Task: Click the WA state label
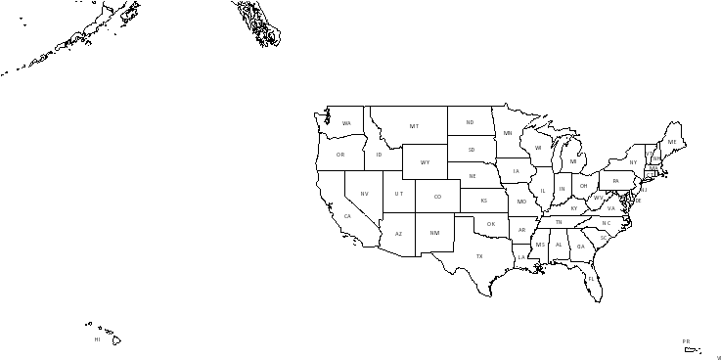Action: (x=346, y=123)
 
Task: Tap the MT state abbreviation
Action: (x=414, y=126)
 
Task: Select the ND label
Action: (x=470, y=122)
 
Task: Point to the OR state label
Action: (x=340, y=155)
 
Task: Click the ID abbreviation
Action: (x=379, y=155)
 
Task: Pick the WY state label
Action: (x=425, y=162)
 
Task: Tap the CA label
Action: (x=347, y=216)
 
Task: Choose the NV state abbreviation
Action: (x=364, y=194)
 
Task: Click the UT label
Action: (x=398, y=194)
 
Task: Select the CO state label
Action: (x=437, y=197)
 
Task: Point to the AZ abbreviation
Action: (x=398, y=234)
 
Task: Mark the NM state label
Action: (x=434, y=233)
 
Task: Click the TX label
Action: (x=479, y=256)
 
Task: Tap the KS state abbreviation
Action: (x=483, y=201)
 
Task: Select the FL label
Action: (x=592, y=279)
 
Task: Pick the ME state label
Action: (x=672, y=142)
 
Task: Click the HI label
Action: (x=97, y=339)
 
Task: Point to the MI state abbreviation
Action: (x=573, y=161)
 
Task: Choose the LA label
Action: (x=521, y=257)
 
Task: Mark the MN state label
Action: (x=508, y=133)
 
